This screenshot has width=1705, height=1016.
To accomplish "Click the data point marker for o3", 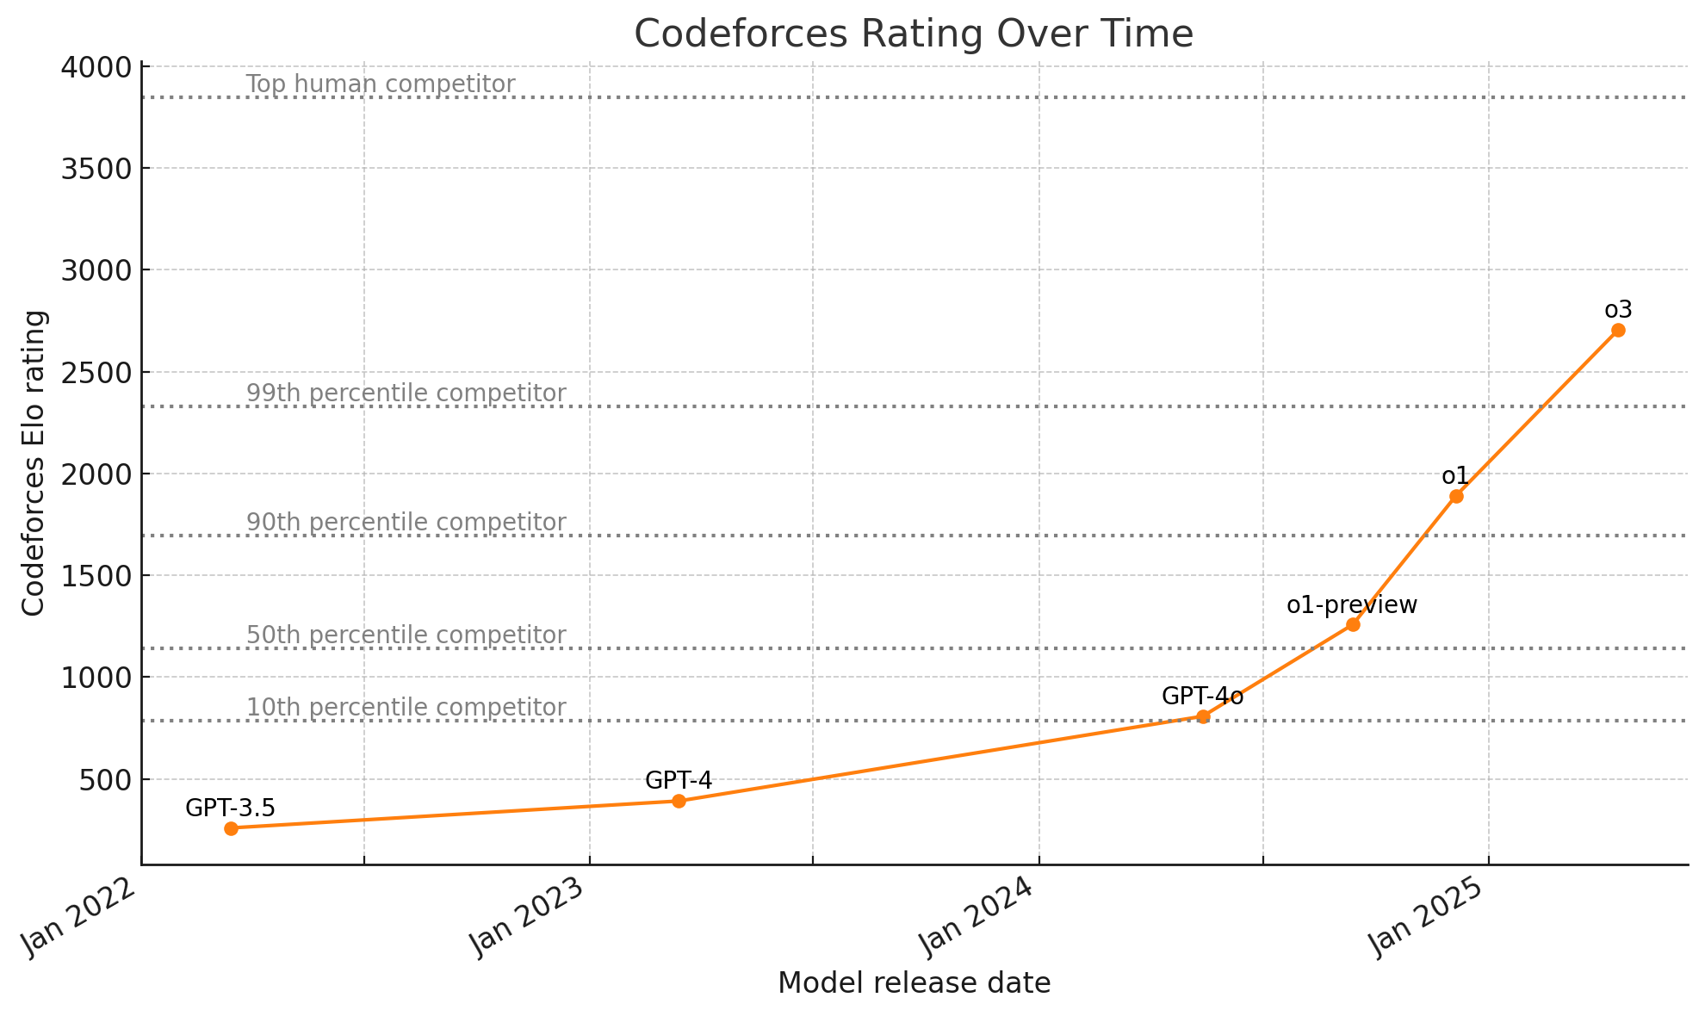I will click(x=1618, y=330).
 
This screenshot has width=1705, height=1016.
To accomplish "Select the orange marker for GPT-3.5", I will click(x=231, y=828).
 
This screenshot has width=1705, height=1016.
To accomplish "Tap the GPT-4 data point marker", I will click(x=679, y=801).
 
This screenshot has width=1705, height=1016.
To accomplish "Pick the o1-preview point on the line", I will click(x=1353, y=624).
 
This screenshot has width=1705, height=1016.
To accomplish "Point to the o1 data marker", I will click(x=1456, y=496).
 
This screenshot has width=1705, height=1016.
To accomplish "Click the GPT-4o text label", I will click(x=1202, y=696).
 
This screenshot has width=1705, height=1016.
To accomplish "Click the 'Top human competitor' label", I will click(x=380, y=84).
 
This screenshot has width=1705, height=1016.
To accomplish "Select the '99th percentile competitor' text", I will click(x=406, y=393).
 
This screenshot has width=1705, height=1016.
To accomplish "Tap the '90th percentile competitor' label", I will click(x=406, y=522).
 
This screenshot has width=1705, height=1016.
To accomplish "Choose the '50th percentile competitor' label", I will click(x=406, y=635).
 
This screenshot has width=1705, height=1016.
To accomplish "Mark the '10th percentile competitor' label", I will click(x=406, y=707).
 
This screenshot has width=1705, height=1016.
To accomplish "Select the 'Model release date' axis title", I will click(x=914, y=983).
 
